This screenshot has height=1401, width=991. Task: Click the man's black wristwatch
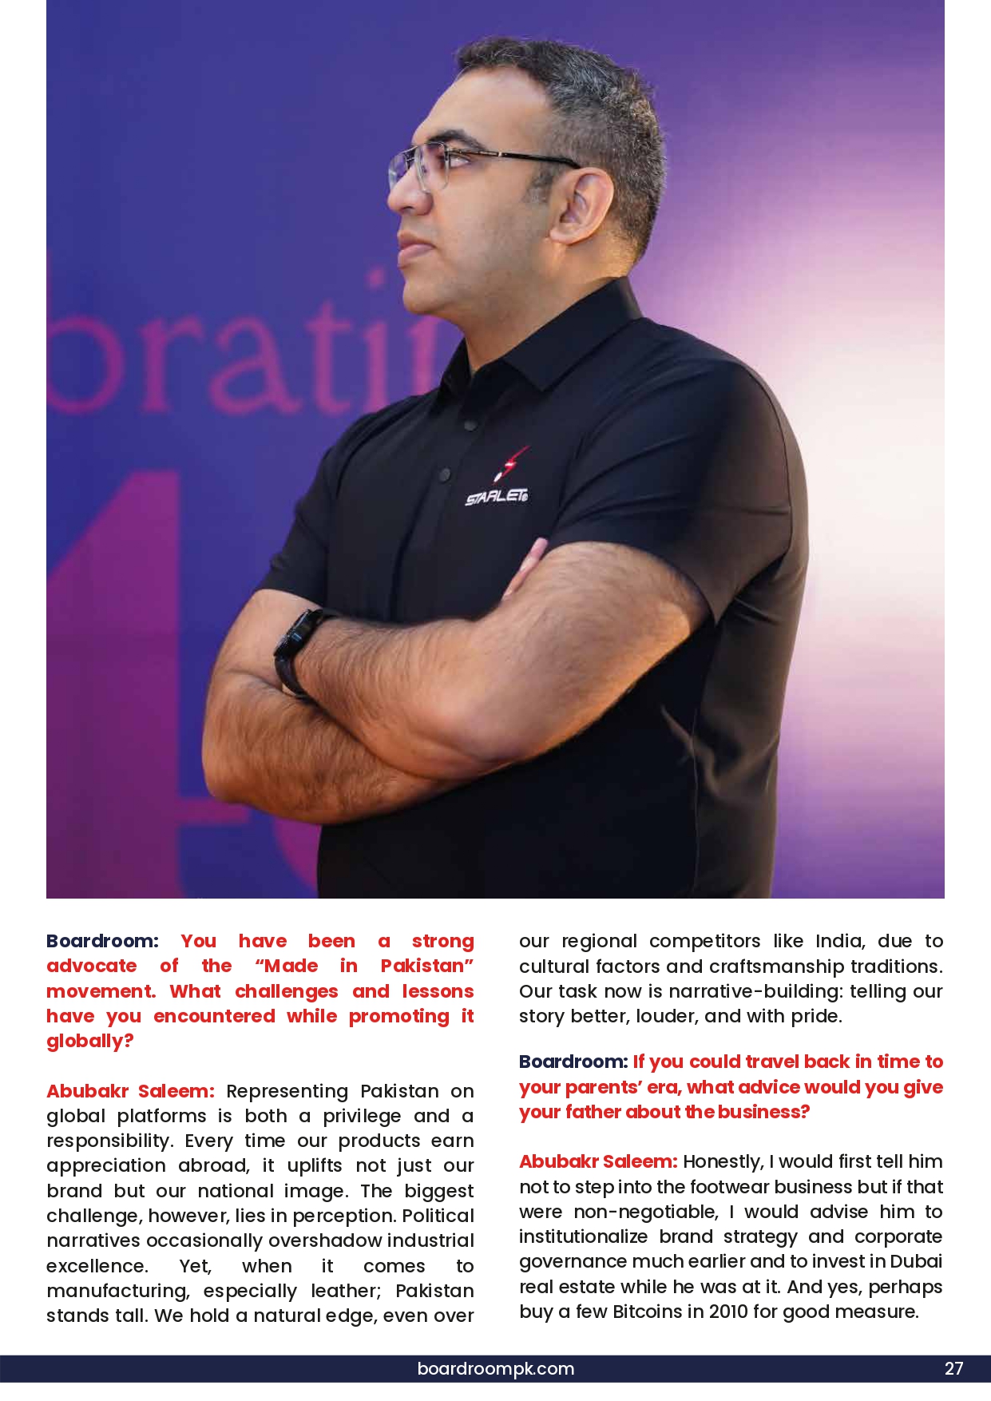pyautogui.click(x=297, y=651)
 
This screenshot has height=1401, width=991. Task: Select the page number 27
pyautogui.click(x=953, y=1368)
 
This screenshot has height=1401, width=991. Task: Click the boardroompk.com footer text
pyautogui.click(x=495, y=1368)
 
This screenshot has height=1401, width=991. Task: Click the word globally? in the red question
pyautogui.click(x=89, y=1041)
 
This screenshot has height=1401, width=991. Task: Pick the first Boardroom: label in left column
pyautogui.click(x=102, y=941)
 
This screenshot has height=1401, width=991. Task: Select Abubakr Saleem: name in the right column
pyautogui.click(x=598, y=1161)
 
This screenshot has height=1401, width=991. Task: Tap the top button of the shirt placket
pyautogui.click(x=470, y=425)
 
